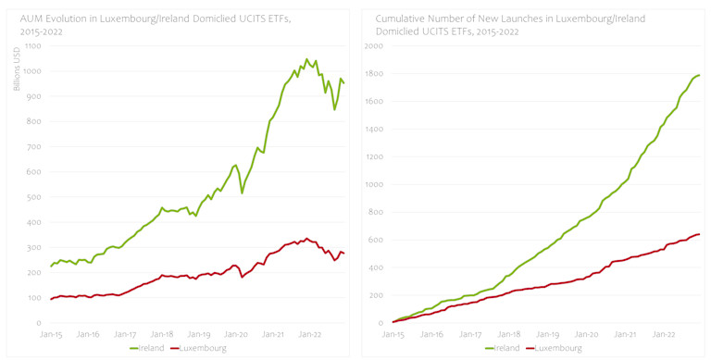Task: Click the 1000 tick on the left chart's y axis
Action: [x=35, y=71]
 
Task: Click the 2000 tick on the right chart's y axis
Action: [x=374, y=46]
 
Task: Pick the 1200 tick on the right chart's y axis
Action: [x=374, y=157]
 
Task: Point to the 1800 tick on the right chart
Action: [x=374, y=74]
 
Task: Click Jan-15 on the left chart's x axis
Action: [x=51, y=333]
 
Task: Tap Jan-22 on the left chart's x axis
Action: [x=308, y=333]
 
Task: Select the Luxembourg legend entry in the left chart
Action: [x=204, y=349]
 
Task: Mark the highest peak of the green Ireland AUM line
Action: [x=306, y=59]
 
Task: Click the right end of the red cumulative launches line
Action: [x=699, y=234]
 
